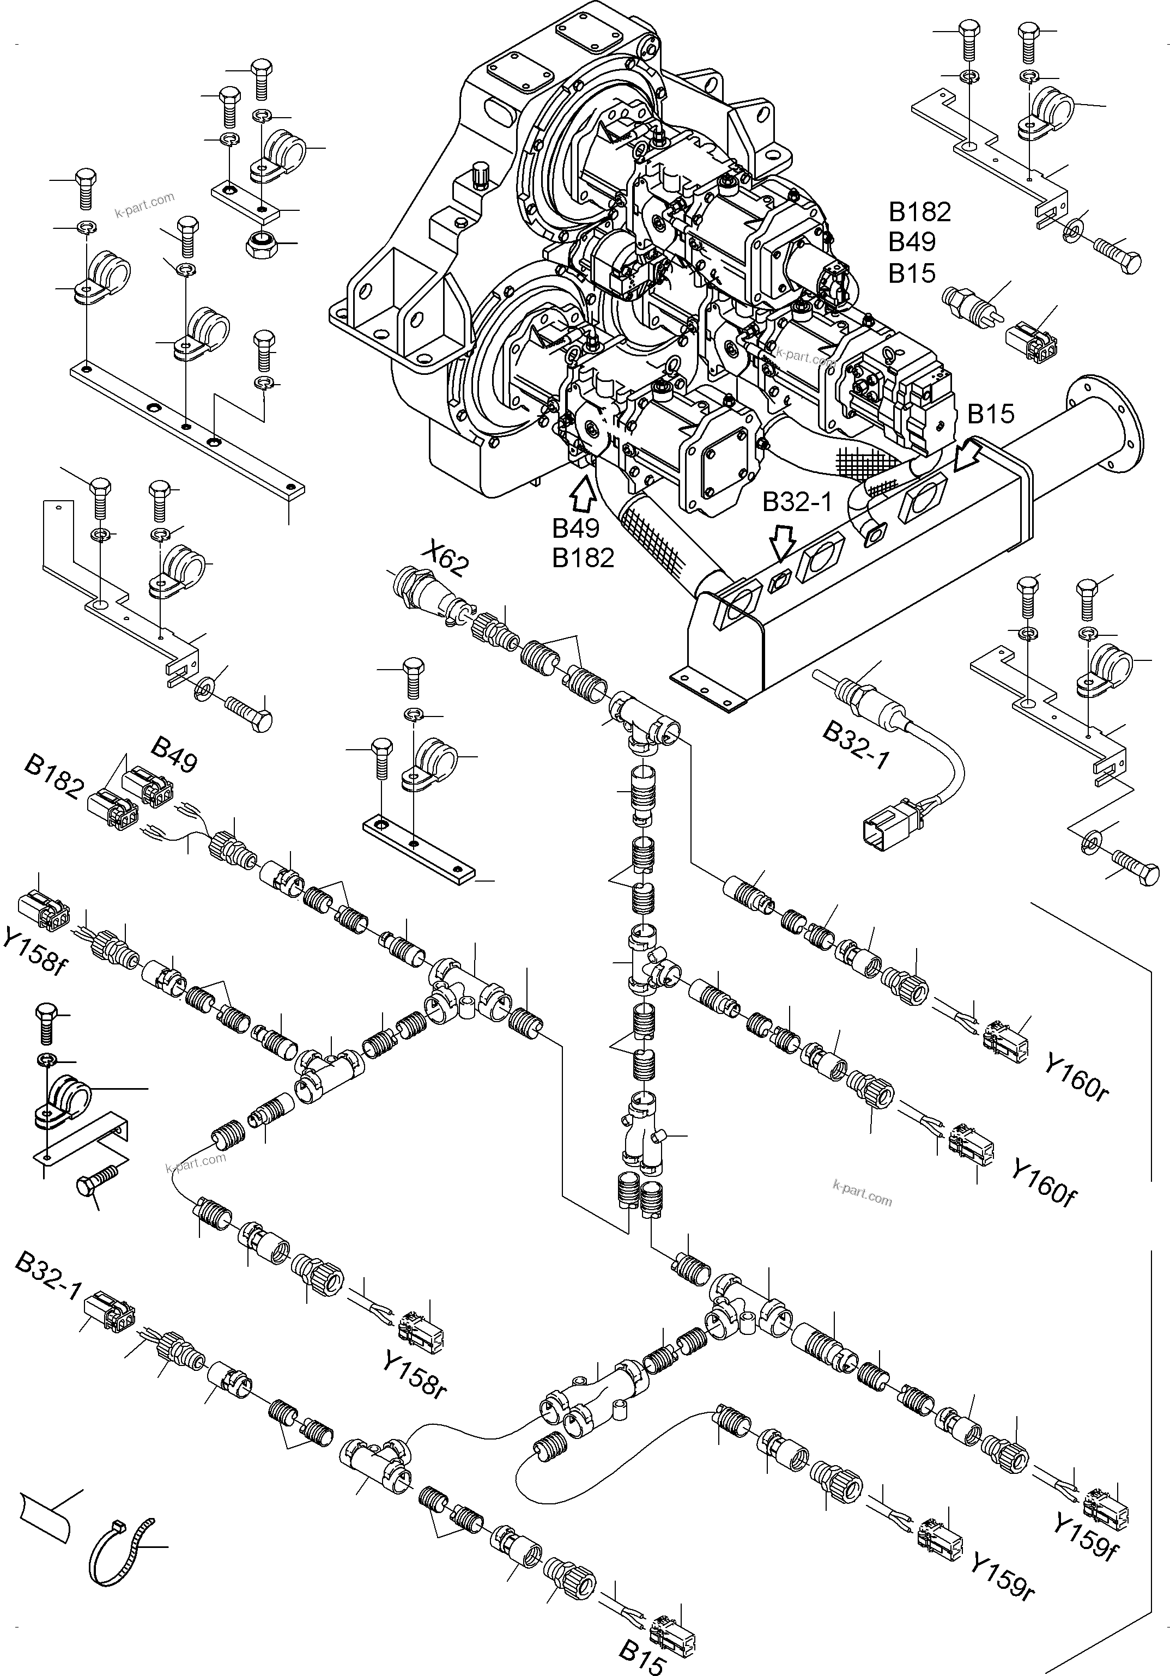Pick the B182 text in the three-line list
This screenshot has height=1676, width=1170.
coord(920,212)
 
